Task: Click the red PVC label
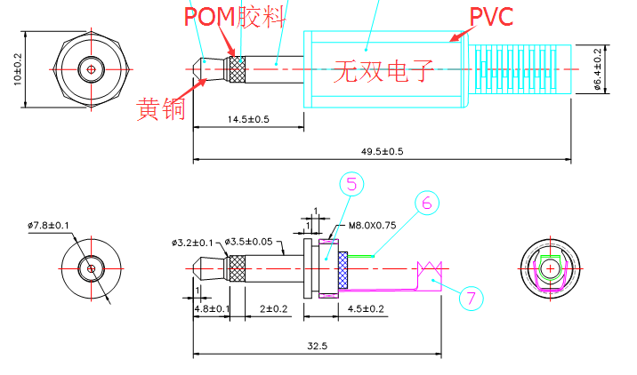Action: click(x=492, y=16)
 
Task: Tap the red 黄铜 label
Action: click(x=161, y=110)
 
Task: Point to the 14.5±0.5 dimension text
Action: click(x=248, y=119)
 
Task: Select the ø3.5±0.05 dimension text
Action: click(x=250, y=242)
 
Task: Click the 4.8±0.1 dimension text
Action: click(x=212, y=308)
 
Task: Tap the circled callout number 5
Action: click(x=351, y=185)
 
